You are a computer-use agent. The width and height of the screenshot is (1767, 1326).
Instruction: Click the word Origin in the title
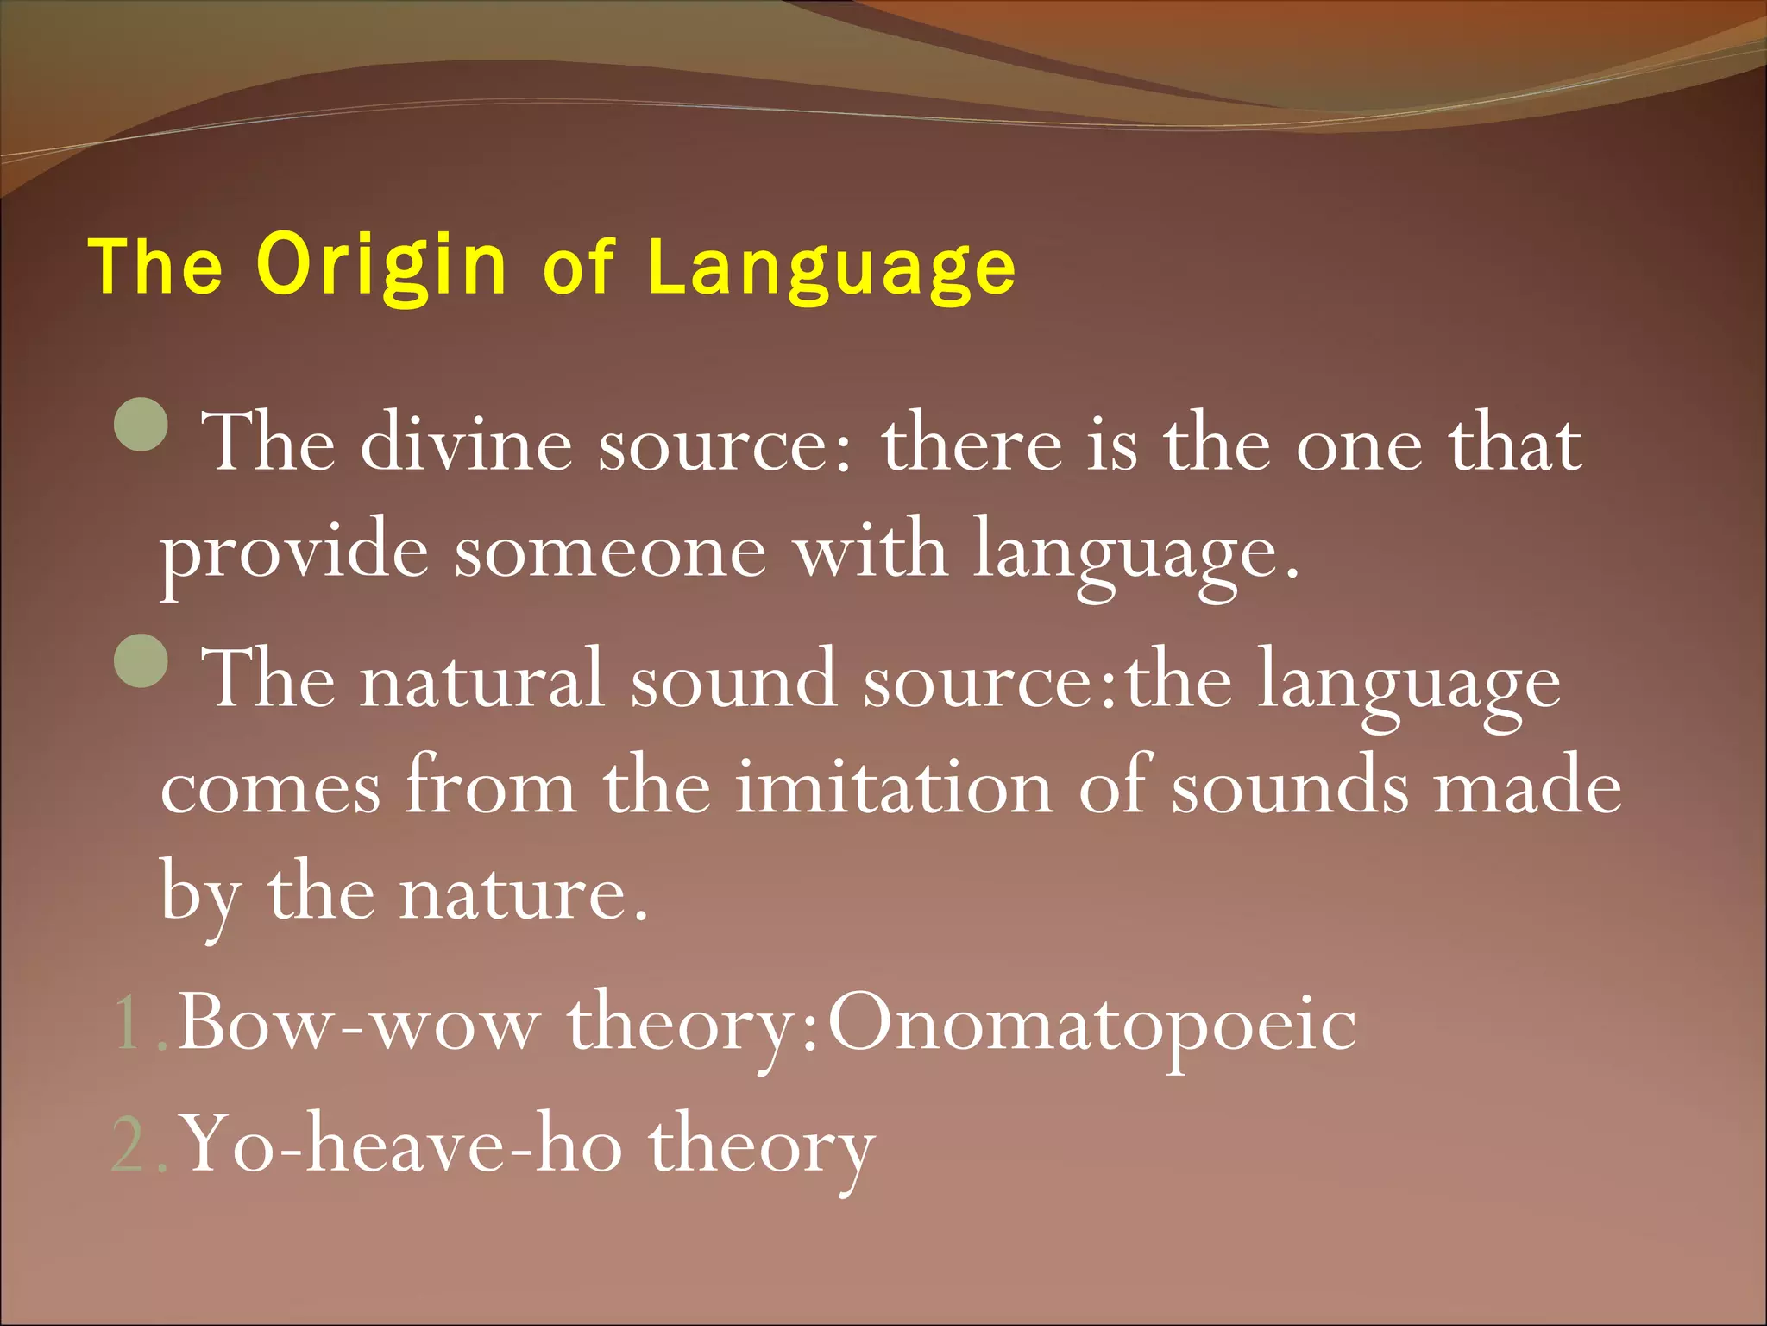point(381,268)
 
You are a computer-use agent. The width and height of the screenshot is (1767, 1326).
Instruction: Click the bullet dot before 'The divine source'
point(141,424)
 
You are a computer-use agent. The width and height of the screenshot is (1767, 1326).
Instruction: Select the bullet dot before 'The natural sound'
point(141,660)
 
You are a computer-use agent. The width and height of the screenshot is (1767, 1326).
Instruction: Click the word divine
point(466,445)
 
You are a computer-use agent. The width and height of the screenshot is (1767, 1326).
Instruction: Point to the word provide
point(294,552)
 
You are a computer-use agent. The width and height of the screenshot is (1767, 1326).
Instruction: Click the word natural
point(481,680)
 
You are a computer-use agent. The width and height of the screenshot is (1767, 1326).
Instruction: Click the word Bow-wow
point(359,1024)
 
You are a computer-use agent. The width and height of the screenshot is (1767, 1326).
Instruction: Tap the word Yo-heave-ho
point(403,1145)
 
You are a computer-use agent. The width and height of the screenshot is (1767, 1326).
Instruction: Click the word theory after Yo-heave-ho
point(762,1148)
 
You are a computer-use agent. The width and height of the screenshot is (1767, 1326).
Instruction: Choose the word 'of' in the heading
point(579,268)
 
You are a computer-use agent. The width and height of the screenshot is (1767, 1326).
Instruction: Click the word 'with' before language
point(871,552)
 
